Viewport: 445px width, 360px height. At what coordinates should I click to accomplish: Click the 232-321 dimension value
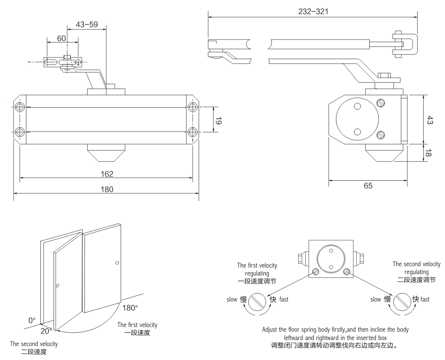313,12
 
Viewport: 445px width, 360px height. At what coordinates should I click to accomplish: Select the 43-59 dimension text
86,25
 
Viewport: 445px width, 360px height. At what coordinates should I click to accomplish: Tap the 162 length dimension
107,174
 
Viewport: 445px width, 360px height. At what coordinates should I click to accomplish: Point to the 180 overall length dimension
107,189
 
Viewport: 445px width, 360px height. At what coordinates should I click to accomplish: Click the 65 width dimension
368,185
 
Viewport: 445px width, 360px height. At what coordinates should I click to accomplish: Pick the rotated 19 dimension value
219,122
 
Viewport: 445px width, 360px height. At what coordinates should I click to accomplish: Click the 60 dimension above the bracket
61,39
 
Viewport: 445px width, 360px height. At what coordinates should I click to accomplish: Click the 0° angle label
32,320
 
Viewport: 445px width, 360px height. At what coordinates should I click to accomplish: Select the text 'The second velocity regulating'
416,268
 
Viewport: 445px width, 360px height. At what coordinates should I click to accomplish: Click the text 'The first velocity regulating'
257,269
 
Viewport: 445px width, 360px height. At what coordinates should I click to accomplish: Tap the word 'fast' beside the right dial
425,300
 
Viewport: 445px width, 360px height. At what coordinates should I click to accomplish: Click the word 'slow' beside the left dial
232,300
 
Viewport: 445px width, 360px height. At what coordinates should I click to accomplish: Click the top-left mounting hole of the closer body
20,107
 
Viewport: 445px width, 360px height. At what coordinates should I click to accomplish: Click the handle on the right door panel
116,263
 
